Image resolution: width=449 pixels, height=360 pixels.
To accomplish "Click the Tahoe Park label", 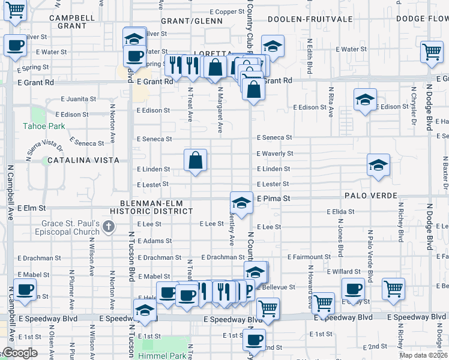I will point(43,126).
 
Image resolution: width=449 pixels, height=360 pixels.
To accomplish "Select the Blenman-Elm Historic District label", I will point(156,206).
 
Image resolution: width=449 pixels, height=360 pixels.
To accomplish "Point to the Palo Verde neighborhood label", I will point(370,196).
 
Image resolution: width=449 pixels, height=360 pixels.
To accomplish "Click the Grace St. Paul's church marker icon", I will point(108,226).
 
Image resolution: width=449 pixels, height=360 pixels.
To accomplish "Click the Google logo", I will point(19,353).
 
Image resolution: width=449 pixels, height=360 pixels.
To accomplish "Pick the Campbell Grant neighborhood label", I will point(73,22).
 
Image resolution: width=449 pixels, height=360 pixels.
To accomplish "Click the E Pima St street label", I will point(274,198).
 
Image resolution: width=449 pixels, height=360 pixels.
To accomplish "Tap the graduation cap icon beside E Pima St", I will point(241,202).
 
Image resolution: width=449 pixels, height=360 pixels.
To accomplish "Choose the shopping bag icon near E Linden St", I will point(196,160).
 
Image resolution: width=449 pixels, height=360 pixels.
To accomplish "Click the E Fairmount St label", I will point(309,257).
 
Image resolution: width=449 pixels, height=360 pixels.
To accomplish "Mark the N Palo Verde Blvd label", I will point(370,260).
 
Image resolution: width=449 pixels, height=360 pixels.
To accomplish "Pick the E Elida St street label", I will point(342,212).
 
